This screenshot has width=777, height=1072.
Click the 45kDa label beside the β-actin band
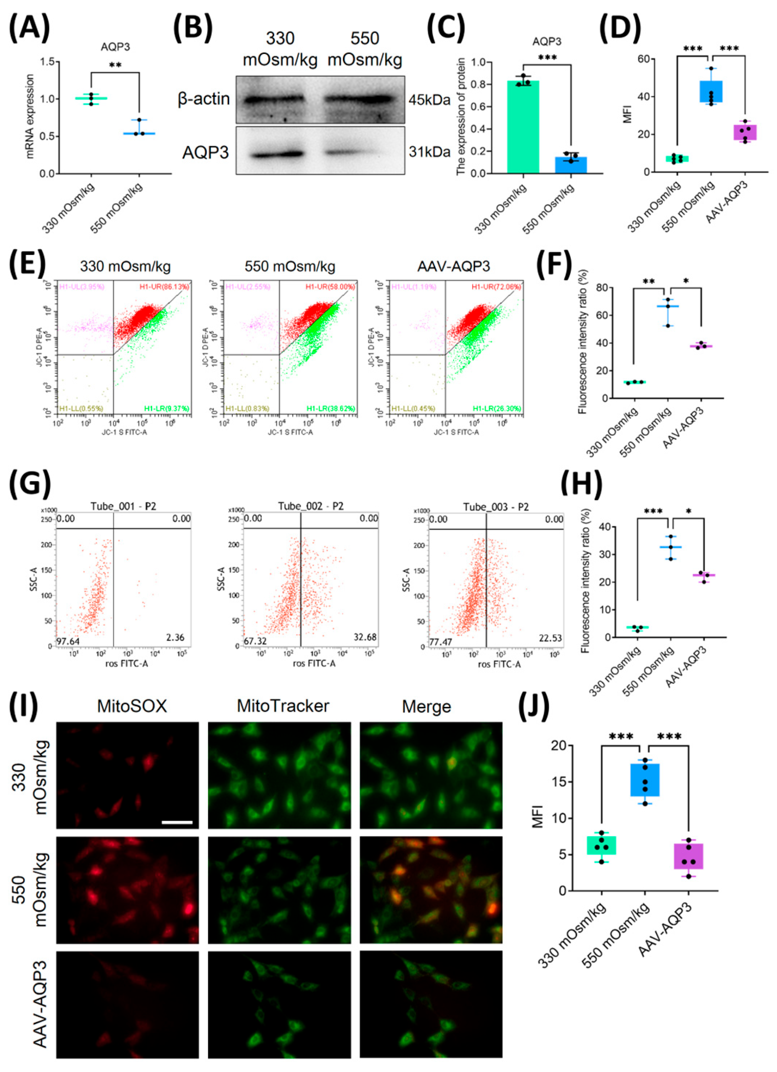click(x=429, y=100)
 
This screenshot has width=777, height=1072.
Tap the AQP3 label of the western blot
click(x=206, y=152)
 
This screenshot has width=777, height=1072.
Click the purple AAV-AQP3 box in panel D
click(x=745, y=132)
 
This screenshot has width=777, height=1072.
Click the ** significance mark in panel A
click(x=115, y=65)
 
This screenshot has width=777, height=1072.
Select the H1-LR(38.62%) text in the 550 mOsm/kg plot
click(x=330, y=408)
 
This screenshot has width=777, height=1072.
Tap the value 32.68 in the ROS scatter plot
click(x=365, y=638)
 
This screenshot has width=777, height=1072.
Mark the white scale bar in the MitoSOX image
click(x=177, y=822)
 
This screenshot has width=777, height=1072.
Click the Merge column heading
click(x=426, y=706)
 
